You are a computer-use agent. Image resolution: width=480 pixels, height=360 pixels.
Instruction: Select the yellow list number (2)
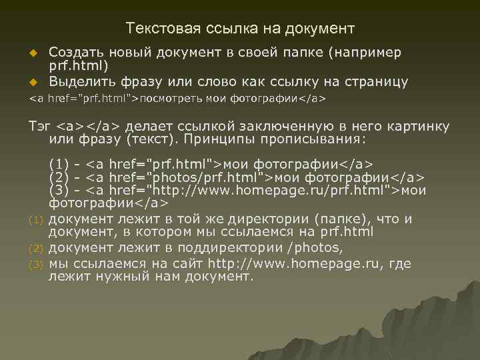37,249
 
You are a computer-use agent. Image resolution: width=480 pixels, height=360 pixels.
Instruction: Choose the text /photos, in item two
317,248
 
